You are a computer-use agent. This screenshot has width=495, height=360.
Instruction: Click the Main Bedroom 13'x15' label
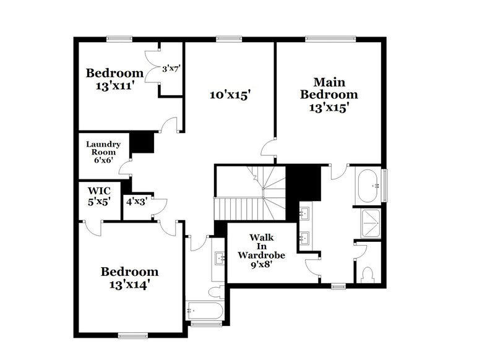(328, 94)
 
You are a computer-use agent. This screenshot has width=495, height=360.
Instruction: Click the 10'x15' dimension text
(229, 95)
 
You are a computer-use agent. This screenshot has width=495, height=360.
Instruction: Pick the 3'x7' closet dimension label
(170, 69)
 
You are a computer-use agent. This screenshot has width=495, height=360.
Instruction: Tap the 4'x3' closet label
(136, 201)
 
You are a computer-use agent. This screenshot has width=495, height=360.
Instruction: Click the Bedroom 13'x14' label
(129, 278)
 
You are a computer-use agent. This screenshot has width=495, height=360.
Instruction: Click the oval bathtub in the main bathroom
(369, 185)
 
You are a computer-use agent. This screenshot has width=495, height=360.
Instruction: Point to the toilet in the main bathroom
(368, 272)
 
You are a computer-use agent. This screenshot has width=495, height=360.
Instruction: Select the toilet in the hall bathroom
(216, 291)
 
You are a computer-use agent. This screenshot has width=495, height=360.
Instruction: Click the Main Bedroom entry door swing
(267, 148)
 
